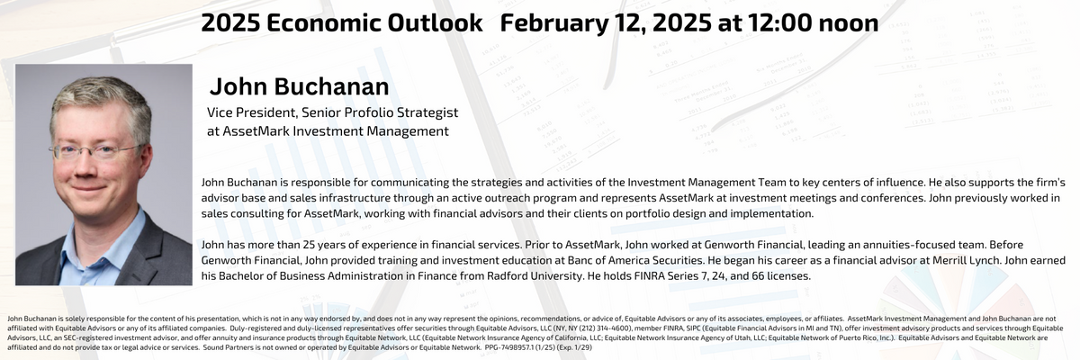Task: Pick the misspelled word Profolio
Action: coord(356,112)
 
